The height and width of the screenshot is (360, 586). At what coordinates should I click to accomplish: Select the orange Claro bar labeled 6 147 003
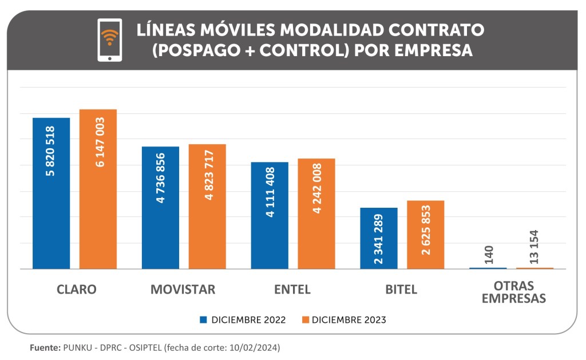click(x=98, y=189)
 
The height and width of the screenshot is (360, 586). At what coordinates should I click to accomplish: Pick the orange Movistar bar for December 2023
click(x=207, y=206)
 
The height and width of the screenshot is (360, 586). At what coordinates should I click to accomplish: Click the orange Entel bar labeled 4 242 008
click(x=316, y=213)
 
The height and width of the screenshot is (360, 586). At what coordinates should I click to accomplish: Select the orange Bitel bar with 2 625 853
click(x=426, y=235)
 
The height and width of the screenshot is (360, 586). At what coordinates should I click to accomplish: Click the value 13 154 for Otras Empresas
click(x=534, y=247)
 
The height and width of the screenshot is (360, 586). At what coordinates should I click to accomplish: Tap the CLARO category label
click(x=77, y=290)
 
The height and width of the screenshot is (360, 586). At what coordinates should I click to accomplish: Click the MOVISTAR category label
click(x=183, y=290)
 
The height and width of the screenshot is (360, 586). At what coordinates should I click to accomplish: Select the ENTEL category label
click(x=292, y=290)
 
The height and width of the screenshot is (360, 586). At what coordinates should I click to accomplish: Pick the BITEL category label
click(x=401, y=290)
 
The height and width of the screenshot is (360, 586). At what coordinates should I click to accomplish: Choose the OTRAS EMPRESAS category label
click(x=513, y=292)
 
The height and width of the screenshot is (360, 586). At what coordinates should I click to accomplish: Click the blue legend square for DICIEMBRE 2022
click(x=203, y=320)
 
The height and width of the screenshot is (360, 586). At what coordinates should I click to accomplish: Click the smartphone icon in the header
click(x=109, y=39)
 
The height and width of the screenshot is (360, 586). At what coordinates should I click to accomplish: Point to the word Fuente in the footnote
click(x=44, y=347)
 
